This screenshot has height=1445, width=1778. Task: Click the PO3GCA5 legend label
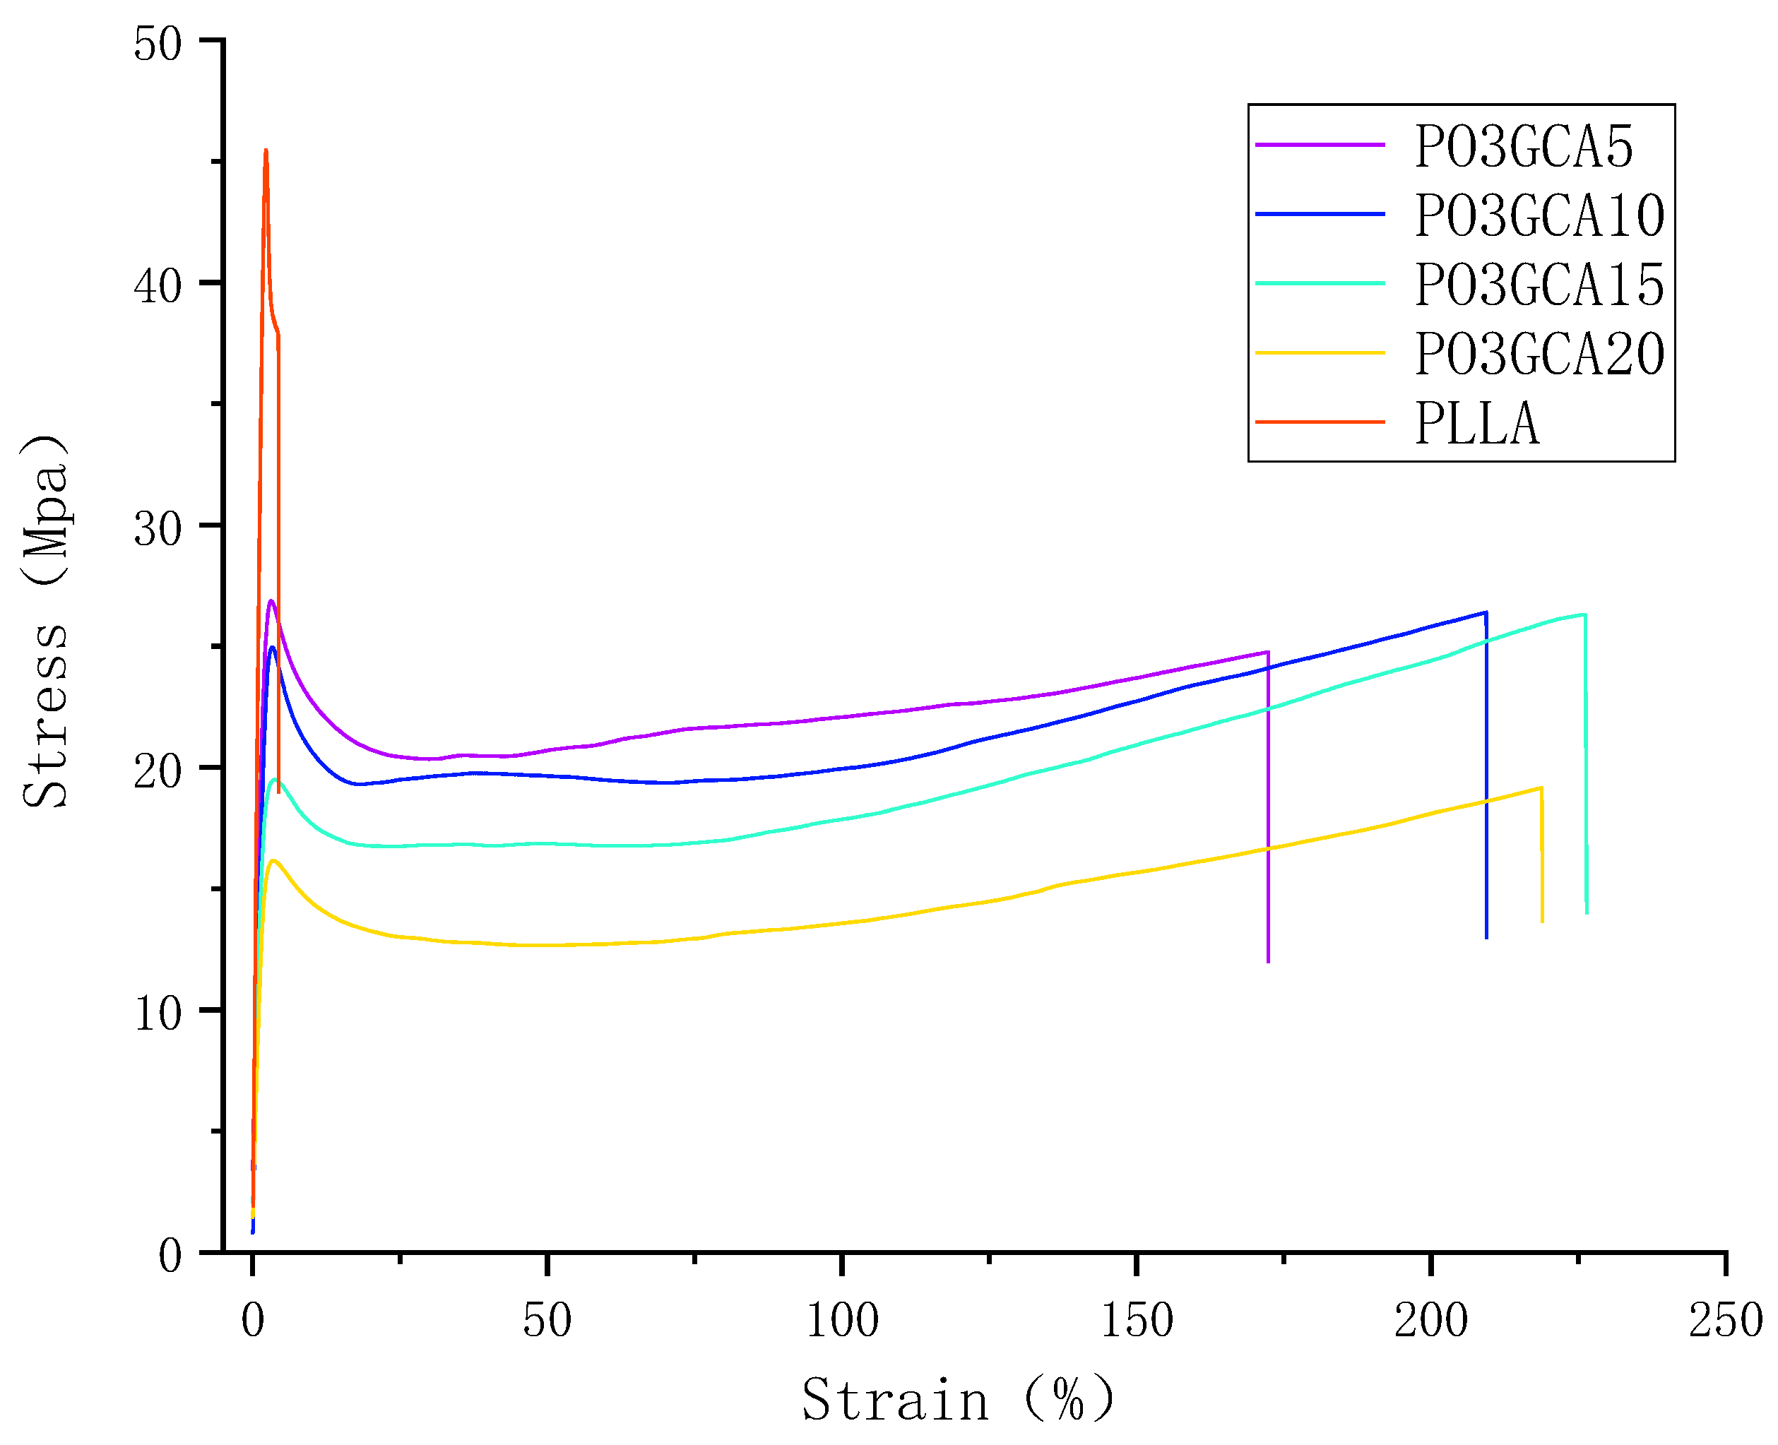(x=1523, y=148)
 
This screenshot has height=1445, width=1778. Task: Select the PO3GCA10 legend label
(x=1539, y=216)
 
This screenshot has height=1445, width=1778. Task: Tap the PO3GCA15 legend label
(x=1539, y=285)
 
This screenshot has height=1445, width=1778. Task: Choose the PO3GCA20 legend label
(x=1539, y=355)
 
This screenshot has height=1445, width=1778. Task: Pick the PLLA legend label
(x=1476, y=424)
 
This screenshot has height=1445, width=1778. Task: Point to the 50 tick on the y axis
(x=158, y=43)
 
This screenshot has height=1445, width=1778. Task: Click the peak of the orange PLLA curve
(x=266, y=150)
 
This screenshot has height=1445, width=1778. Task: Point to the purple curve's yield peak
(x=271, y=601)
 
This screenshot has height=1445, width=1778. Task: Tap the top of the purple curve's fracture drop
(x=1267, y=652)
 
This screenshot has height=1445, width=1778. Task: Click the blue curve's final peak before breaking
(x=1485, y=612)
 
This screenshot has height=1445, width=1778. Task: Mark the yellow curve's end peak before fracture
(x=1541, y=787)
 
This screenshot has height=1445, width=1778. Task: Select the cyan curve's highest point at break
(x=1584, y=614)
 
